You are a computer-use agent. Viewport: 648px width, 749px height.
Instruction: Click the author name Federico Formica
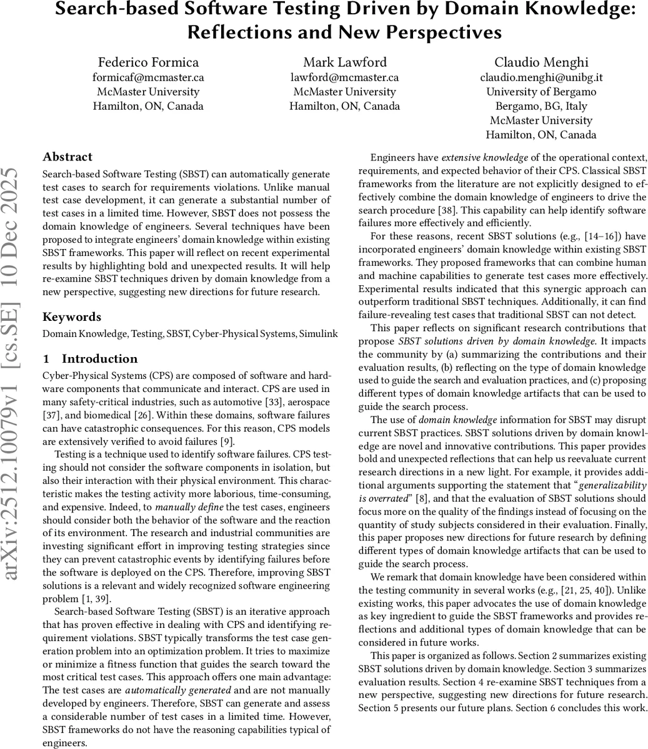point(148,62)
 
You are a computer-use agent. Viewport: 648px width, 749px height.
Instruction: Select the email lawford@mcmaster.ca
point(344,77)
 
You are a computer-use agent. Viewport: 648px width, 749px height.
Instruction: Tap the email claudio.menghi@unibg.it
point(541,77)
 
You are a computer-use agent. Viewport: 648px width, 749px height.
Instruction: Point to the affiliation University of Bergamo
point(541,92)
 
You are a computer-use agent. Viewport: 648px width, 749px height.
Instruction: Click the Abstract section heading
point(67,157)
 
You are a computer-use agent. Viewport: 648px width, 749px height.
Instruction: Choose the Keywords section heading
point(71,316)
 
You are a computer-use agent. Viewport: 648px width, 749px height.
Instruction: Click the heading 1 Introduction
point(90,358)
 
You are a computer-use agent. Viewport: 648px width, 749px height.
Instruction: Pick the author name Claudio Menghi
point(541,62)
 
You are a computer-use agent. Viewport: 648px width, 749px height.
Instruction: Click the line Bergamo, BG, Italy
point(541,106)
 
